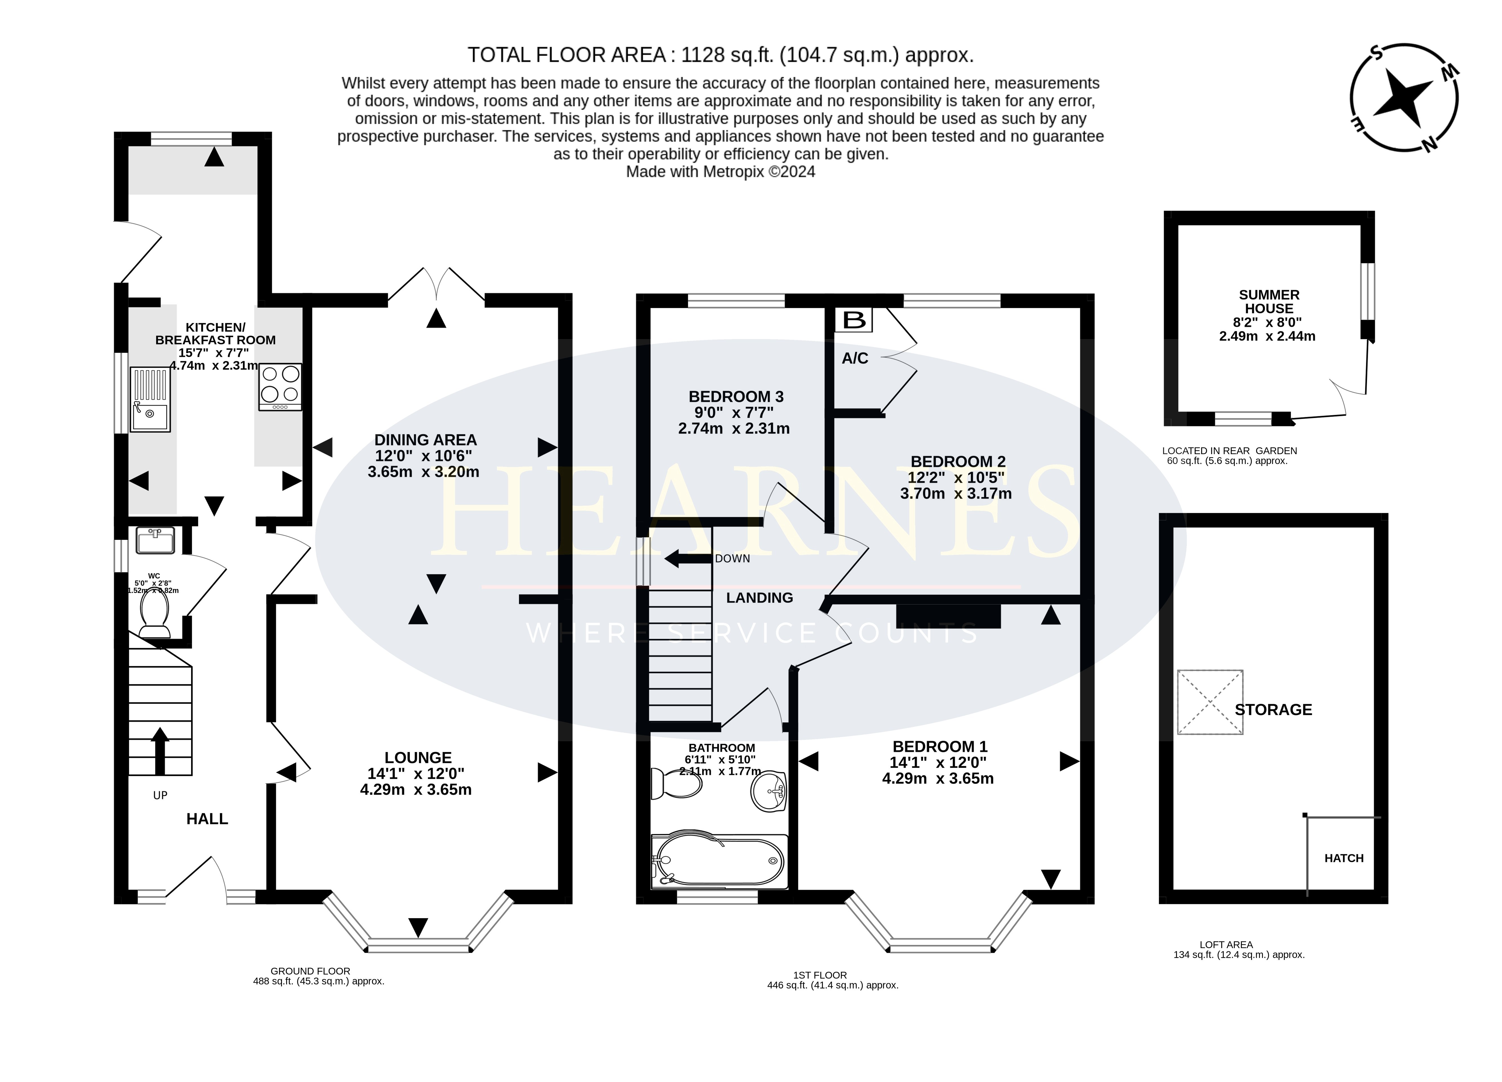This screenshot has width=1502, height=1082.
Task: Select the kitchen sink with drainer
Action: (150, 399)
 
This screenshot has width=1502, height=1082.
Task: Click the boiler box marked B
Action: (854, 320)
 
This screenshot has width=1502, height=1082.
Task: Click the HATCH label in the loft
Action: (1344, 858)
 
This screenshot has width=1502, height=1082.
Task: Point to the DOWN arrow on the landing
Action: (687, 558)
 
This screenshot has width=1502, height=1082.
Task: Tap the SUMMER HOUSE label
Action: (1269, 302)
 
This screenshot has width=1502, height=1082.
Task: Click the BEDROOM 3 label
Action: (736, 396)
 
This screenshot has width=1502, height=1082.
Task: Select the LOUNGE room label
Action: (418, 757)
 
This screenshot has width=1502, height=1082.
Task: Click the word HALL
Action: (207, 819)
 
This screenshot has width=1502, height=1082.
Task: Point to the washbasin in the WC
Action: (155, 540)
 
